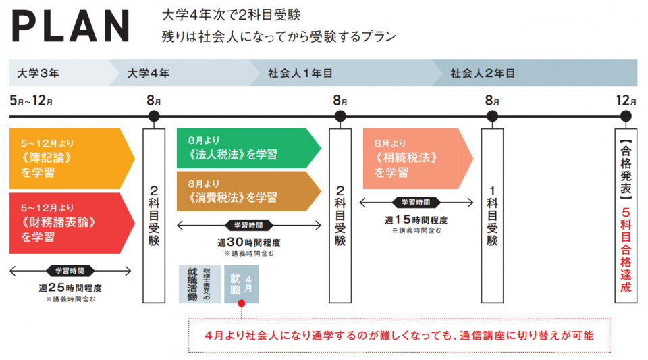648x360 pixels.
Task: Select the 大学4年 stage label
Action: (x=148, y=73)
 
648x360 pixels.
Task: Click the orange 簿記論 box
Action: (x=67, y=158)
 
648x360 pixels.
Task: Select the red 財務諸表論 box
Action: (x=67, y=222)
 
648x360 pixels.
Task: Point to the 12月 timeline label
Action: (x=626, y=101)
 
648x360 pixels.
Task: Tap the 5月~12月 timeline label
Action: (x=32, y=101)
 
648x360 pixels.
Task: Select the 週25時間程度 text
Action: (x=70, y=288)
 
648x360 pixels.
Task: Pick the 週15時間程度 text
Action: (x=415, y=220)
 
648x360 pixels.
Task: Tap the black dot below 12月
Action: (x=626, y=116)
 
